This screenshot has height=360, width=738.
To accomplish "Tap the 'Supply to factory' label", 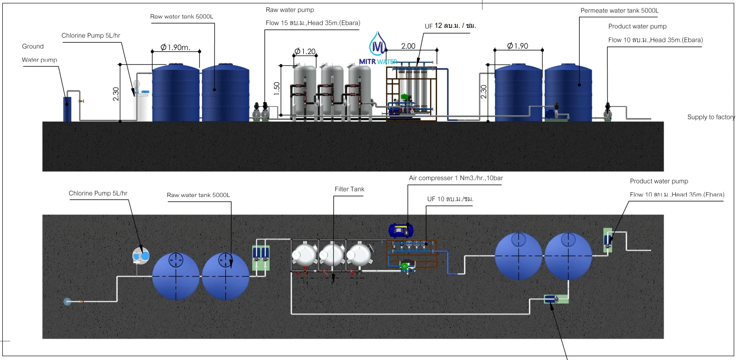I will [x=711, y=117].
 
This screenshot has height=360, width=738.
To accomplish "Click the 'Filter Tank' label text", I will [x=349, y=189].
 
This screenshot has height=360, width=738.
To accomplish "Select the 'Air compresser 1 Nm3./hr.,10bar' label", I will [x=456, y=178].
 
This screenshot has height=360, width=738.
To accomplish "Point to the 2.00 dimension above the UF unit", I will [x=408, y=46].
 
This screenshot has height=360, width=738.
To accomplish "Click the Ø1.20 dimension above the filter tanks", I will [x=305, y=51].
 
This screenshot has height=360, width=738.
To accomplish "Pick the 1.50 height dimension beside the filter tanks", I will [x=277, y=88].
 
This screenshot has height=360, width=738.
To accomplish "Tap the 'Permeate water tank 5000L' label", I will [x=619, y=11].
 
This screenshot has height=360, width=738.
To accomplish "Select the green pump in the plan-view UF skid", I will [x=405, y=266].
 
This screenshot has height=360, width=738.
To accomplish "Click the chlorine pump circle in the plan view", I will [x=141, y=255].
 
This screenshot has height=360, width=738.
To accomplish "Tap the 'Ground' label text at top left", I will [x=33, y=46].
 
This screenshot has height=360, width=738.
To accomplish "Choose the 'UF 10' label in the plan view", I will [x=450, y=199].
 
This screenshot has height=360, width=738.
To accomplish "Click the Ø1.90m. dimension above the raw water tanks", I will [x=176, y=47].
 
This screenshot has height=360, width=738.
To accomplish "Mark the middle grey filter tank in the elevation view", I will [x=333, y=91].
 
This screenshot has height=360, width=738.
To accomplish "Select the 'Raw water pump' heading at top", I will [x=290, y=10].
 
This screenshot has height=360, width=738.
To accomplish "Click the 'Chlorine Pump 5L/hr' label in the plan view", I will [x=98, y=193].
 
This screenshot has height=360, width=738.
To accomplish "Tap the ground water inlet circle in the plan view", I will [x=67, y=302].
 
